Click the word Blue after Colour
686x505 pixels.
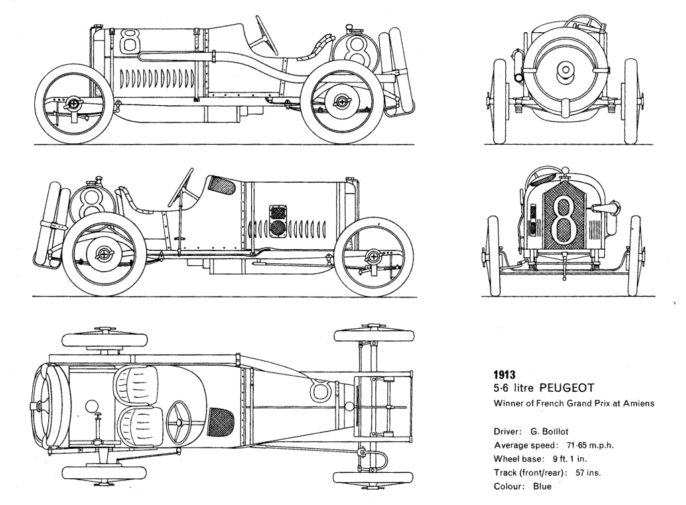pyautogui.click(x=542, y=486)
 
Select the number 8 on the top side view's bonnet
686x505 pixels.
pyautogui.click(x=130, y=42)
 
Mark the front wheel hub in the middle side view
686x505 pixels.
pyautogui.click(x=374, y=257)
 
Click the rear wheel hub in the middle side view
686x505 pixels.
pyautogui.click(x=105, y=254)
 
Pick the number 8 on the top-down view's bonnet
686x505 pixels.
pyautogui.click(x=322, y=390)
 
